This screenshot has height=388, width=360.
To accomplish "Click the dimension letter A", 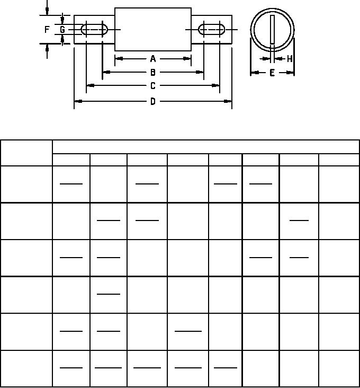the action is click(x=153, y=59).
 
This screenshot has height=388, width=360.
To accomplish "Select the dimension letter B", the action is click(x=153, y=72).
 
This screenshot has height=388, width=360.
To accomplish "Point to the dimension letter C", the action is click(x=153, y=86).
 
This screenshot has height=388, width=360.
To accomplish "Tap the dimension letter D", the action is click(x=153, y=101).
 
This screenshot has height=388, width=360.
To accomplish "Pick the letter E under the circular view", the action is click(x=272, y=73).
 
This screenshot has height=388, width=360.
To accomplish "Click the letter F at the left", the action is click(x=47, y=30).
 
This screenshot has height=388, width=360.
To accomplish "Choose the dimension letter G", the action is click(x=62, y=30).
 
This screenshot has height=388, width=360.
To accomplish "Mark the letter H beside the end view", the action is click(x=290, y=59).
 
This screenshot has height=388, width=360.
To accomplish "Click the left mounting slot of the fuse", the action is click(x=94, y=30).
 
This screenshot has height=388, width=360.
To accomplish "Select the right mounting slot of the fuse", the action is click(x=212, y=30).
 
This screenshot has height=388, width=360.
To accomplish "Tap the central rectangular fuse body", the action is click(x=153, y=30).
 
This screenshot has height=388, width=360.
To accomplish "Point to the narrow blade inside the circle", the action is click(x=272, y=29).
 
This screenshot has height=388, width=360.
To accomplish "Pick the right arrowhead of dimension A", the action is click(x=187, y=59).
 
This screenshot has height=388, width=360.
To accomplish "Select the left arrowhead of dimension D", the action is click(x=78, y=101).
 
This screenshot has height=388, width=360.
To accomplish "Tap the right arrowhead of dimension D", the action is click(x=228, y=101).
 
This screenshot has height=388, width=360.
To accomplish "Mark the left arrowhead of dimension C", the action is click(x=91, y=86).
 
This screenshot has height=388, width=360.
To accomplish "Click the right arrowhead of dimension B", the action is click(x=200, y=72).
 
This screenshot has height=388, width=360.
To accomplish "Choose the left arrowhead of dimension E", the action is click(x=255, y=73).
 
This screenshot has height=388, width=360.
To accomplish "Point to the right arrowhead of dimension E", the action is click(x=290, y=73).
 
